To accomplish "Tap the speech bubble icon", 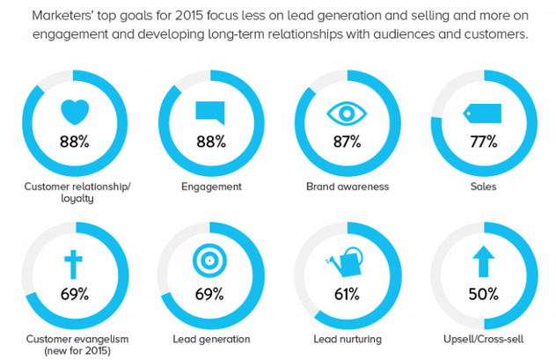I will (210, 113).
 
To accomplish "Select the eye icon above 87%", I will (346, 114).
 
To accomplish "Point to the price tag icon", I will (483, 113).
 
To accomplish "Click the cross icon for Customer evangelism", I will (73, 263).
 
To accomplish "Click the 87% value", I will (347, 141).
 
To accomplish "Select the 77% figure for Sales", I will (483, 141).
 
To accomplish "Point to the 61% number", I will (347, 292).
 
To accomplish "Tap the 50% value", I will (483, 292).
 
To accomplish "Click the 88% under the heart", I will (74, 141).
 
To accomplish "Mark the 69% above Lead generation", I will (210, 292).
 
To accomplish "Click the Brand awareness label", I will (347, 187).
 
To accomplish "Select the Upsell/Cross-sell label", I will (483, 339).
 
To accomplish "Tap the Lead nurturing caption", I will (347, 339).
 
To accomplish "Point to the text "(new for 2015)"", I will (73, 352).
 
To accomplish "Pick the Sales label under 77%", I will (483, 187).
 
